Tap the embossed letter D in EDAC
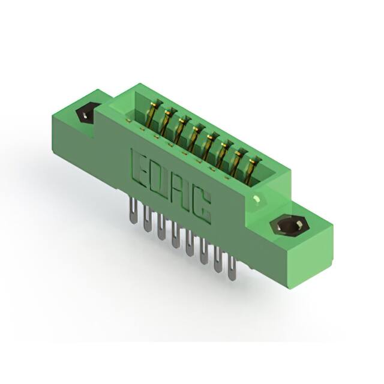(161, 178)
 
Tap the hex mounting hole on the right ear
(287, 226)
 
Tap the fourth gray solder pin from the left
(175, 236)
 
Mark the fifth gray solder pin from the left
(189, 244)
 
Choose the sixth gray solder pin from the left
(203, 252)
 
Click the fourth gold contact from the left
(197, 132)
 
